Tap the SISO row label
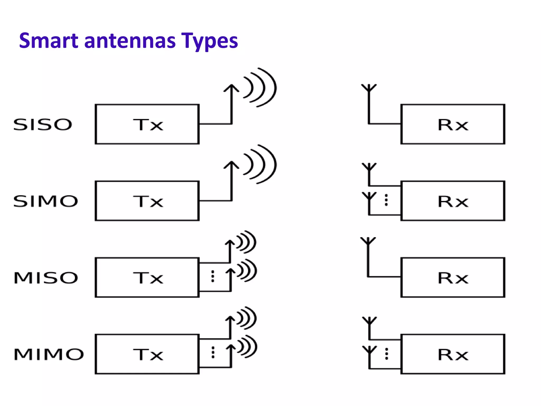pyautogui.click(x=43, y=124)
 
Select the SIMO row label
pyautogui.click(x=46, y=201)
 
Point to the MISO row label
pyautogui.click(x=46, y=278)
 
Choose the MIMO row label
pyautogui.click(x=49, y=354)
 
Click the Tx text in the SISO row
pyautogui.click(x=148, y=125)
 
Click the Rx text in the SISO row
pyautogui.click(x=453, y=125)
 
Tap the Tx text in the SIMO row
pyautogui.click(x=148, y=201)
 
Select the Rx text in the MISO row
pyautogui.click(x=453, y=278)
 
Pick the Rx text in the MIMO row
pyautogui.click(x=453, y=354)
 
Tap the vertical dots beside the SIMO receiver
pyautogui.click(x=386, y=200)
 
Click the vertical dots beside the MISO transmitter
pyautogui.click(x=213, y=276)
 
